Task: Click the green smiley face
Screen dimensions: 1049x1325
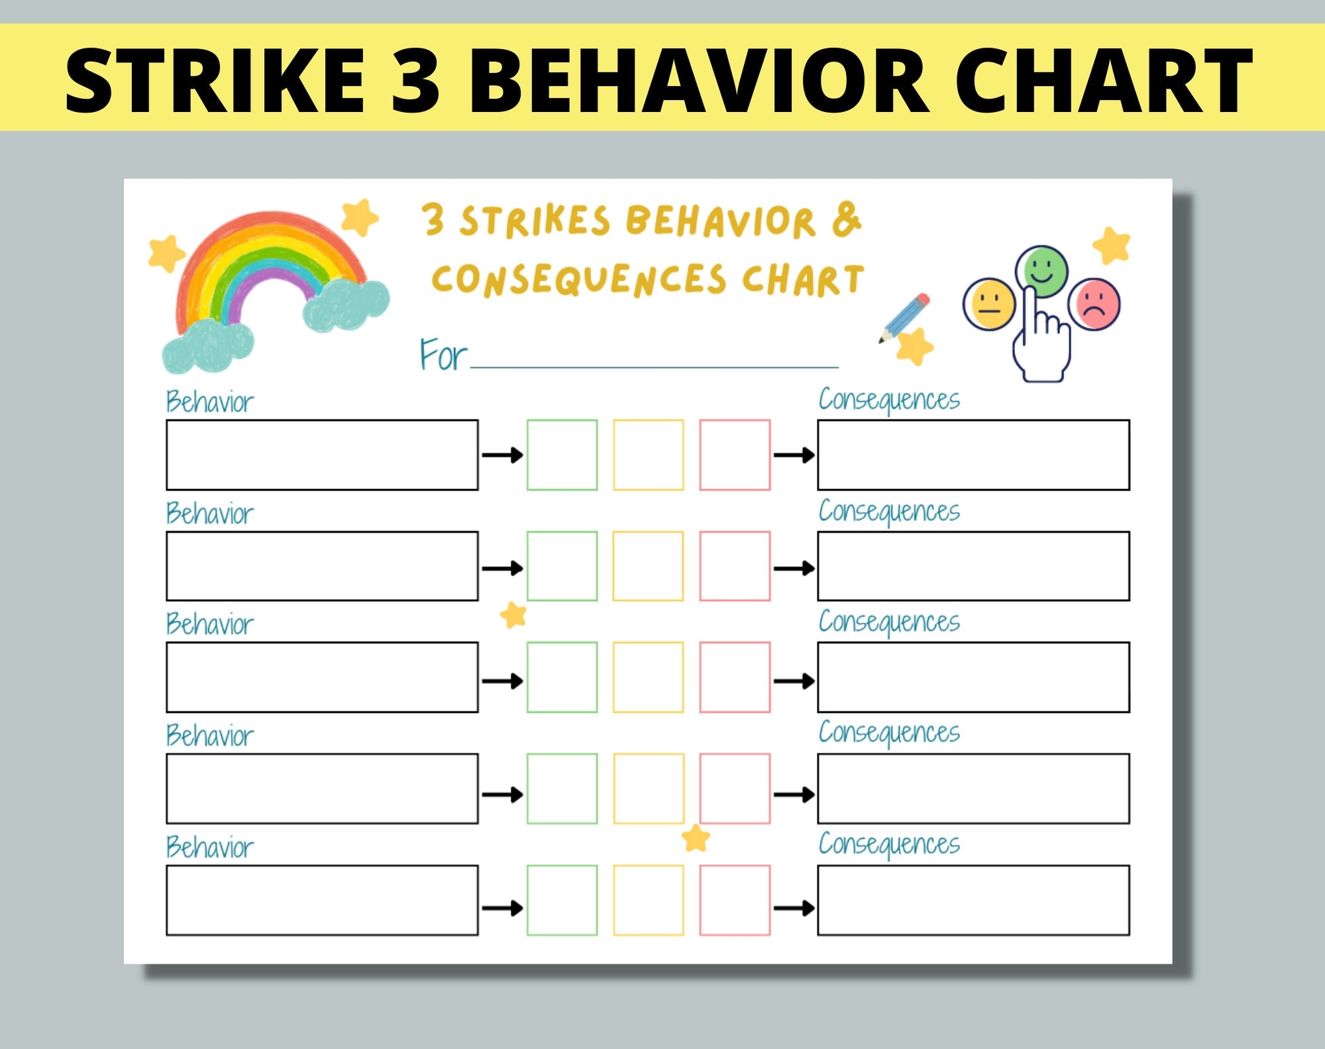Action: pyautogui.click(x=1042, y=271)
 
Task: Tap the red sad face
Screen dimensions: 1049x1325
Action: pyautogui.click(x=1095, y=304)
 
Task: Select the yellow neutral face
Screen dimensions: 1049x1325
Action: pyautogui.click(x=989, y=304)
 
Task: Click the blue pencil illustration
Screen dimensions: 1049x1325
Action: pyautogui.click(x=905, y=318)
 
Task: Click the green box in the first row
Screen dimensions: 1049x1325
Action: pyautogui.click(x=562, y=455)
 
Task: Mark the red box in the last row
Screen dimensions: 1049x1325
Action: pyautogui.click(x=735, y=901)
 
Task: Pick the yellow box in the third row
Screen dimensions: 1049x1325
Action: pyautogui.click(x=648, y=677)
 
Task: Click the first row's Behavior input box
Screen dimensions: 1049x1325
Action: pyautogui.click(x=322, y=455)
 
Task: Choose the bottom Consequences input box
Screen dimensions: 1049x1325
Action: pyautogui.click(x=973, y=901)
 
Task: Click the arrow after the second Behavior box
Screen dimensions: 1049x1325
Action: pyautogui.click(x=502, y=569)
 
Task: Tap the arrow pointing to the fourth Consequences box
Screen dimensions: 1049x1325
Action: pyautogui.click(x=794, y=795)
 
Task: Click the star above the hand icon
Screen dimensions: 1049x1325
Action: pyautogui.click(x=1112, y=245)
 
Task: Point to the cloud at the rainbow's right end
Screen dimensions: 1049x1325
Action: pyautogui.click(x=346, y=304)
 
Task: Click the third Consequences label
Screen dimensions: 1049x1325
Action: pyautogui.click(x=888, y=622)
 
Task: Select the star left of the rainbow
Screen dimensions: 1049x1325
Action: pyautogui.click(x=166, y=252)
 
